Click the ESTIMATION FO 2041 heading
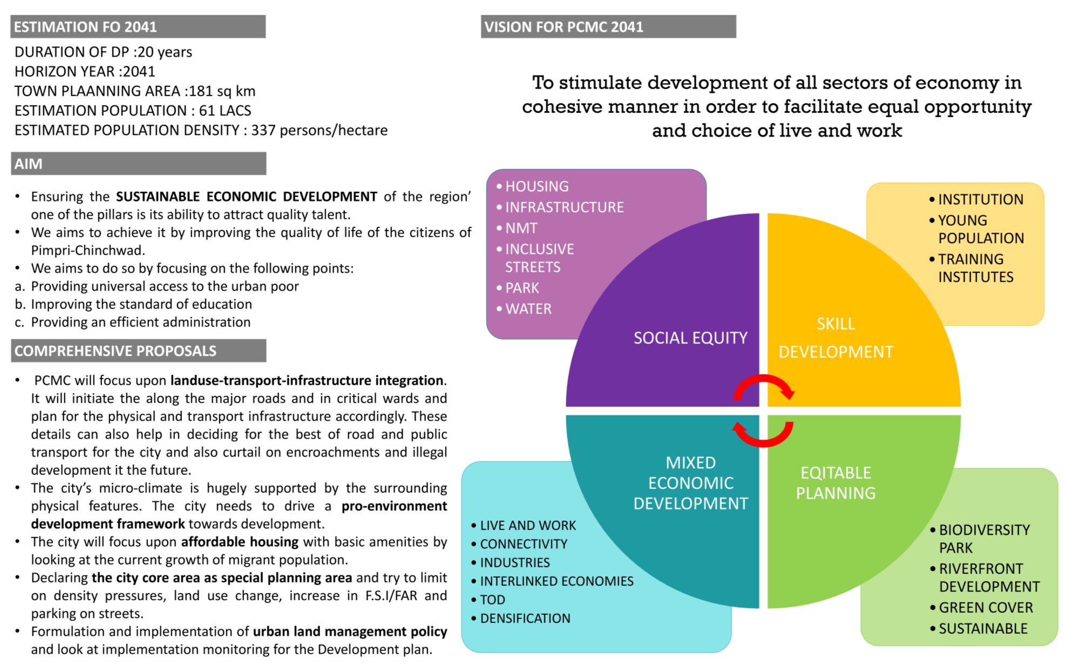pyautogui.click(x=85, y=27)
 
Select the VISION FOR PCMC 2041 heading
pyautogui.click(x=564, y=27)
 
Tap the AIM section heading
pyautogui.click(x=29, y=164)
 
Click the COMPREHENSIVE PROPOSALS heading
pyautogui.click(x=115, y=351)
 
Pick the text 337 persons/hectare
pyautogui.click(x=319, y=130)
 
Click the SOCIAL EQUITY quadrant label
pyautogui.click(x=690, y=338)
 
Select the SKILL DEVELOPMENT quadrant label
pyautogui.click(x=836, y=338)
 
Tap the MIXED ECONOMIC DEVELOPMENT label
pyautogui.click(x=690, y=483)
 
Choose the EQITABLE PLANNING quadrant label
pyautogui.click(x=836, y=483)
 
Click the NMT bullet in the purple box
pyautogui.click(x=521, y=229)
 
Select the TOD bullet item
pyautogui.click(x=492, y=600)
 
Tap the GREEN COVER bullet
pyautogui.click(x=986, y=608)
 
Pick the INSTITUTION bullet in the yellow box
pyautogui.click(x=980, y=199)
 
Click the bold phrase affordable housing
pyautogui.click(x=240, y=542)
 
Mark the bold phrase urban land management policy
pyautogui.click(x=350, y=632)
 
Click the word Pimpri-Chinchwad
pyautogui.click(x=88, y=251)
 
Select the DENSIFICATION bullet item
pyautogui.click(x=525, y=619)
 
